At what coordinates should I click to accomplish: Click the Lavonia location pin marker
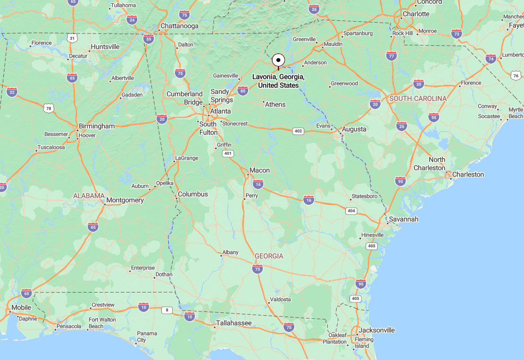click(x=278, y=60)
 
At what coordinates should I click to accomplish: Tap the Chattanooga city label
click(x=179, y=26)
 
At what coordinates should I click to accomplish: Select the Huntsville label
click(x=105, y=47)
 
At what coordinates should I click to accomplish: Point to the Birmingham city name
click(x=97, y=126)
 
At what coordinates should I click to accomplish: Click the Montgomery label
click(x=125, y=200)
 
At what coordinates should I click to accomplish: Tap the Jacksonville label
click(x=377, y=330)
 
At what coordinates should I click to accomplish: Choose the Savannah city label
click(x=403, y=219)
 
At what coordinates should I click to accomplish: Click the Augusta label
click(x=354, y=129)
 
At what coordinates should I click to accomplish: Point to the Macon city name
click(x=259, y=170)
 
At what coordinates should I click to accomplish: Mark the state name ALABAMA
click(x=89, y=195)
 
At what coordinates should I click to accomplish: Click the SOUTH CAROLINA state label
click(x=417, y=99)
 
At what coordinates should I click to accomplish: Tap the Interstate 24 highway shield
click(x=132, y=20)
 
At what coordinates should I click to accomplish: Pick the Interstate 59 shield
click(x=149, y=39)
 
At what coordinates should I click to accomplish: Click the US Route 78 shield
click(x=48, y=109)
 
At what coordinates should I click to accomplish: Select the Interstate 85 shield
click(x=243, y=90)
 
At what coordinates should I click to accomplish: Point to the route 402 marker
click(x=298, y=131)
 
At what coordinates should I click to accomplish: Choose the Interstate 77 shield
click(x=391, y=56)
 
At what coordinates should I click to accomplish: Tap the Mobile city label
click(x=21, y=307)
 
